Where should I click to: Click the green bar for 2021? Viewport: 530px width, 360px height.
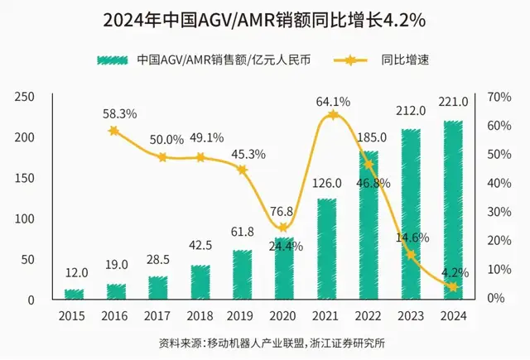327,248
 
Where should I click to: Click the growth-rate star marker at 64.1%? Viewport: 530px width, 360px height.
333,115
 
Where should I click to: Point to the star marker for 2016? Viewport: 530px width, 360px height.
114,131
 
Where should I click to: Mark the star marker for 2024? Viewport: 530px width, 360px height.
453,287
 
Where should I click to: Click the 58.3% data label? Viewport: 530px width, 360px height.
120,113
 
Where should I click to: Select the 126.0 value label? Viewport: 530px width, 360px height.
325,184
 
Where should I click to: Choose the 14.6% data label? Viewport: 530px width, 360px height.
412,238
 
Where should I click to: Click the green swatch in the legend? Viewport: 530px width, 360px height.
115,60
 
